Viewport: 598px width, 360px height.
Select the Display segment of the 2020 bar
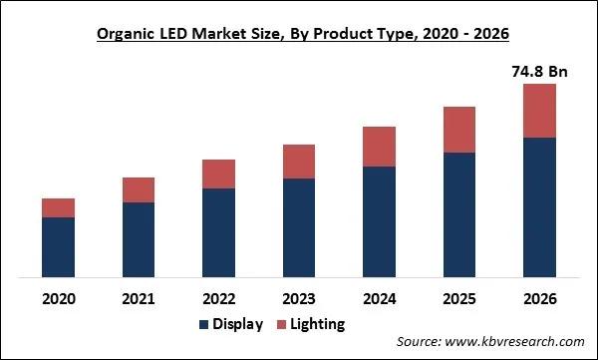(x=58, y=247)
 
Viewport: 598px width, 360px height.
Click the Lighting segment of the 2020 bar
(x=58, y=207)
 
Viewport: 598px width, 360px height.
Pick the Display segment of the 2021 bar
(x=139, y=239)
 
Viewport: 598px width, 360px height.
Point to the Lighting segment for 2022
(x=218, y=174)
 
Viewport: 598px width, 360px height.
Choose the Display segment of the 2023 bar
(x=299, y=227)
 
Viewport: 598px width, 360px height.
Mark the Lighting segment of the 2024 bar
(x=380, y=147)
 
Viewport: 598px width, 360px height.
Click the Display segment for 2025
(x=459, y=214)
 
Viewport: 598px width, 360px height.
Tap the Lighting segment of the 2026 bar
(x=539, y=110)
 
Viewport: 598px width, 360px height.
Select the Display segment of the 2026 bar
(x=539, y=206)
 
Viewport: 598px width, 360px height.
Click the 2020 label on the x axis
(x=58, y=297)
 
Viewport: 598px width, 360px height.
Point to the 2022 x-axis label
(x=218, y=297)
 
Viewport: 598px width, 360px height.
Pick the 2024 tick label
(x=380, y=297)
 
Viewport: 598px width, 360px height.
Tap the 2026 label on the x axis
(x=539, y=297)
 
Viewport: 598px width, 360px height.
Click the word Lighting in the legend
(x=319, y=324)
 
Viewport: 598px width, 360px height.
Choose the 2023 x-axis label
(x=299, y=297)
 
